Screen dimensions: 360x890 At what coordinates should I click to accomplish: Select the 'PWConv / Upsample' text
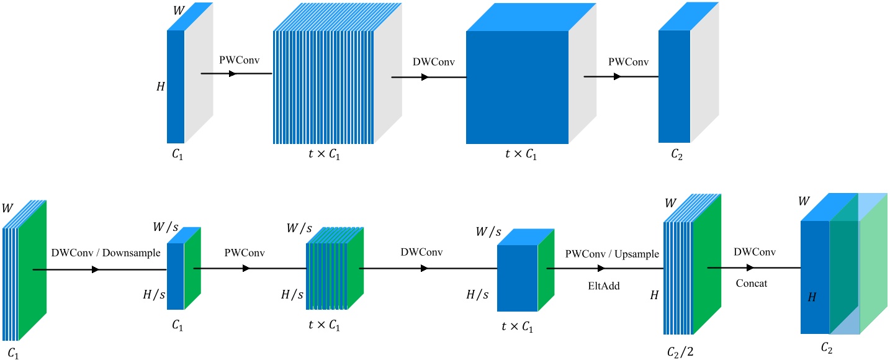tap(611, 254)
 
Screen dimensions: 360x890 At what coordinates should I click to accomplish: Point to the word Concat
tap(752, 284)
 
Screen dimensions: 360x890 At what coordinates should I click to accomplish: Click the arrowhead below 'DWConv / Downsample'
tap(95, 270)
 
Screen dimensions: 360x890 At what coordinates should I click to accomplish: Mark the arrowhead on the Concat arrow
tap(750, 268)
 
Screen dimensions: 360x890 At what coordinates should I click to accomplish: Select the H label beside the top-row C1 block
tap(161, 88)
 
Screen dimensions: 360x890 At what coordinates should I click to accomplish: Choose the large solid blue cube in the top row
tap(517, 87)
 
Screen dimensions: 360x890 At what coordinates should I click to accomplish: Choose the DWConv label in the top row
tap(428, 64)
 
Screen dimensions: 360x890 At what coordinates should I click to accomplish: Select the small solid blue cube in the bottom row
tap(518, 277)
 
